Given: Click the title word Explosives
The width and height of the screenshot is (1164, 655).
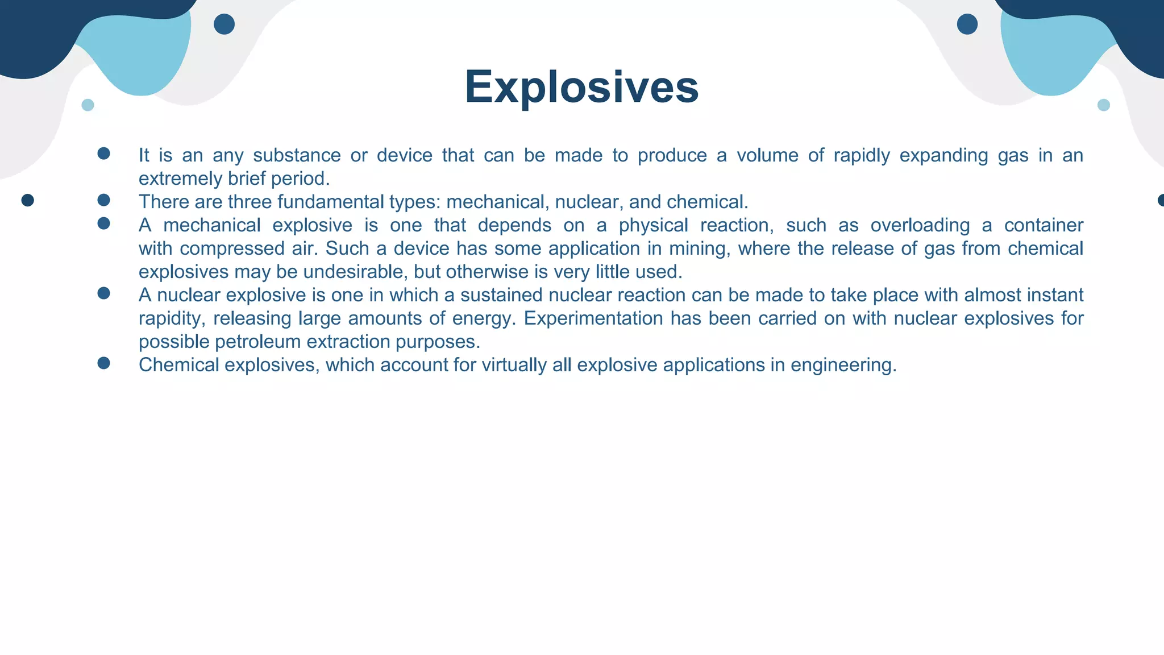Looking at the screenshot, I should click(x=581, y=87).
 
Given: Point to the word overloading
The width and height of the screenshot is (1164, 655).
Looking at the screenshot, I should click(x=920, y=225).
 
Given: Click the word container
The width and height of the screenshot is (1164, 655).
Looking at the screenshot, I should click(x=1044, y=225).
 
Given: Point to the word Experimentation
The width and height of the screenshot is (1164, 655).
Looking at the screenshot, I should click(x=593, y=318).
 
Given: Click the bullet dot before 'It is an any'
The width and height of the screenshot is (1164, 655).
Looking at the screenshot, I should click(x=103, y=154).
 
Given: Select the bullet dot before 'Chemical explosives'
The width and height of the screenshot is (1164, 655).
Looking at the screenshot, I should click(x=103, y=363).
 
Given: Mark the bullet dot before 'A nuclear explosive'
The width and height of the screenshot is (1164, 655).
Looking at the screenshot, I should click(x=103, y=293).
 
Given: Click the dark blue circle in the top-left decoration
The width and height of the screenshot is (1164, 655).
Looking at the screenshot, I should click(x=224, y=24).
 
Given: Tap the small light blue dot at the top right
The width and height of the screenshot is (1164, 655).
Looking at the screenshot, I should click(x=1103, y=105).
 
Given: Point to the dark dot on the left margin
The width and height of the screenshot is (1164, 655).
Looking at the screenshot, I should click(x=27, y=200).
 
